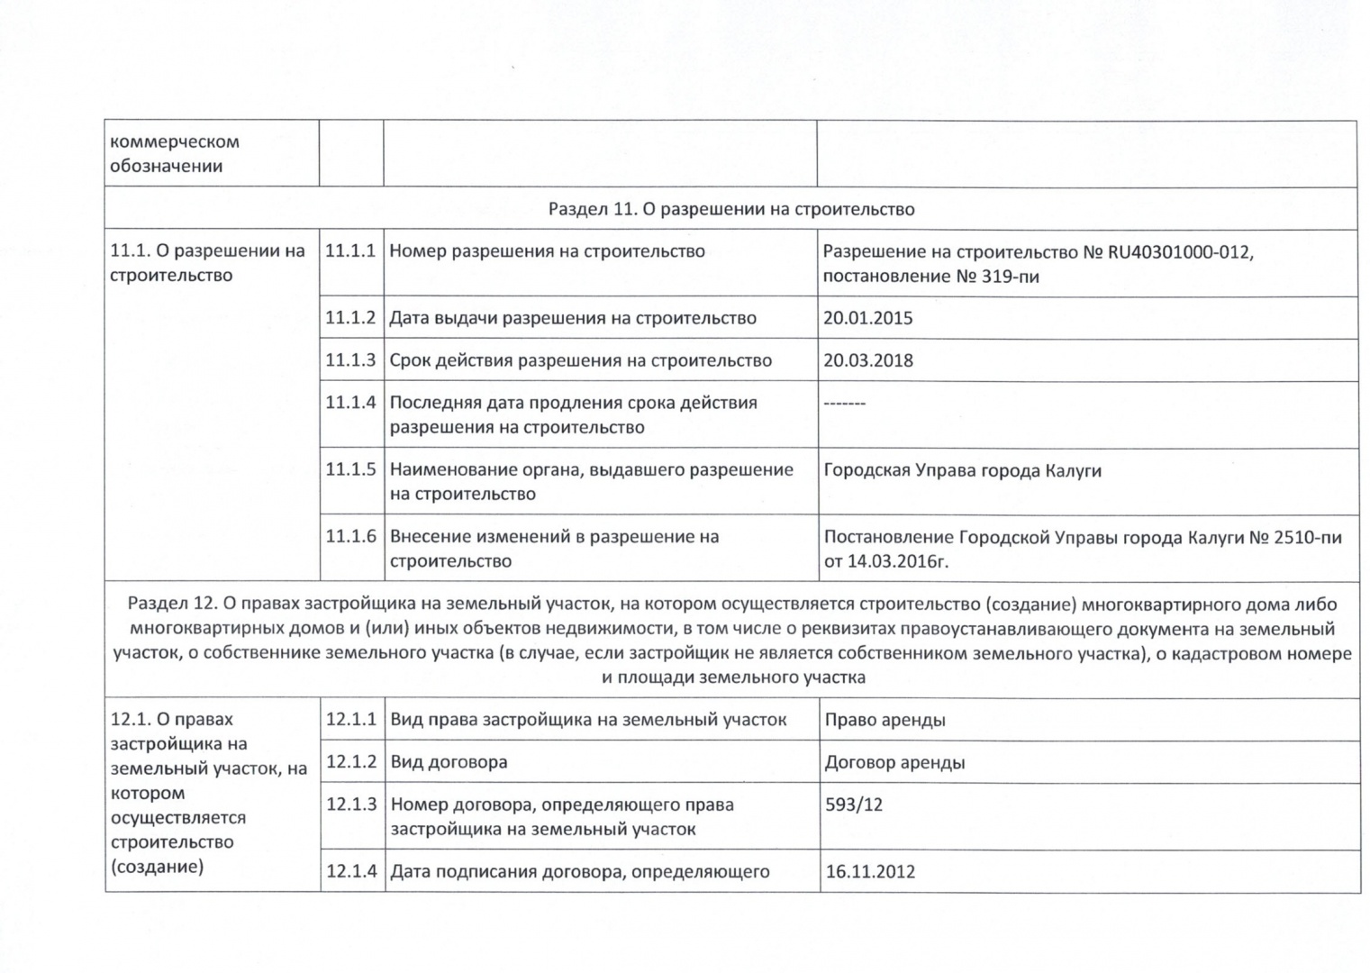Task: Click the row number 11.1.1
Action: point(349,251)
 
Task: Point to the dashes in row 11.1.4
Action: point(844,403)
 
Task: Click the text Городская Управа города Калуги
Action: point(962,470)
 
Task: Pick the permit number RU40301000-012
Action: point(1180,252)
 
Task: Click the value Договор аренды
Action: point(894,762)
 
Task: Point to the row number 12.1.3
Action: point(351,804)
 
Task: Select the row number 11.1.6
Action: point(350,536)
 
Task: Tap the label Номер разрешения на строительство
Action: point(547,251)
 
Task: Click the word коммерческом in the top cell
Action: point(174,141)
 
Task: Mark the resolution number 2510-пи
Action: point(1308,538)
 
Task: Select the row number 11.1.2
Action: point(349,317)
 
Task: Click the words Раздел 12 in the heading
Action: point(171,604)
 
